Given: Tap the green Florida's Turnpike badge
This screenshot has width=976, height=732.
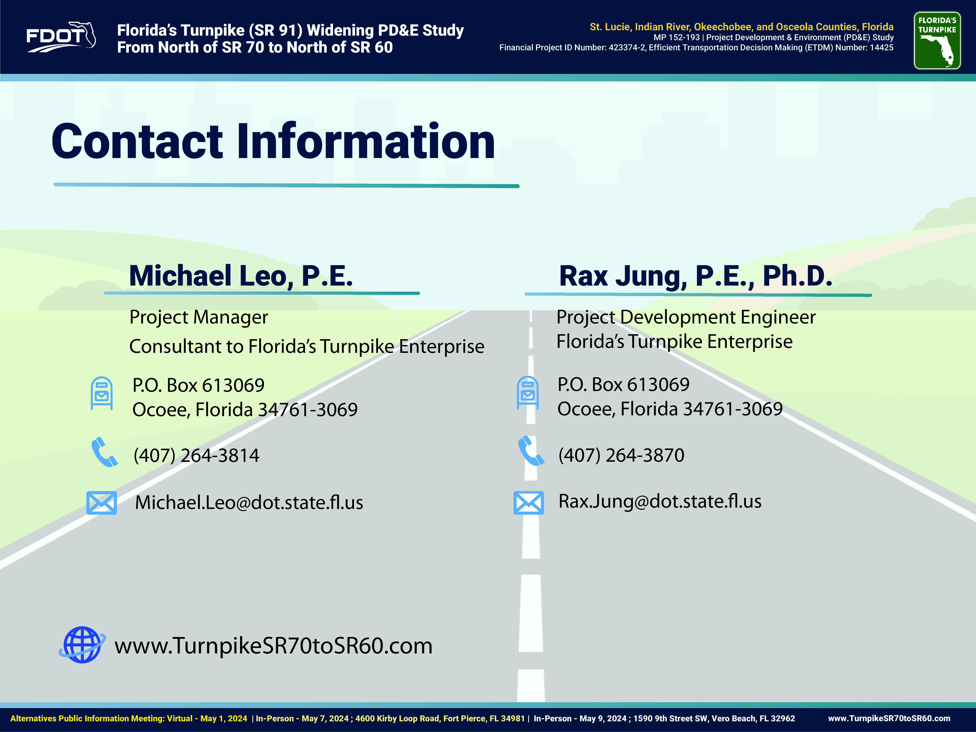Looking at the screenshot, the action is pos(937,41).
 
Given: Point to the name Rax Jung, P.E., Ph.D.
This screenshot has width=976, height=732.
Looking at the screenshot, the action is pos(695,276).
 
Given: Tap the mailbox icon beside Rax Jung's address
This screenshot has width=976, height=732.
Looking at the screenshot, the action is pos(528,392).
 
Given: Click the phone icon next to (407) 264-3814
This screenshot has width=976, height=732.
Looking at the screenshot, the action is pos(104,452).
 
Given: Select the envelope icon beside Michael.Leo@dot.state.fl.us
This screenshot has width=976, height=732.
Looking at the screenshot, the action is pos(101,502).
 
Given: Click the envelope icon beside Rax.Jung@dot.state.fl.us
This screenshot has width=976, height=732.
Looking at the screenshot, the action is pos(529,502).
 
